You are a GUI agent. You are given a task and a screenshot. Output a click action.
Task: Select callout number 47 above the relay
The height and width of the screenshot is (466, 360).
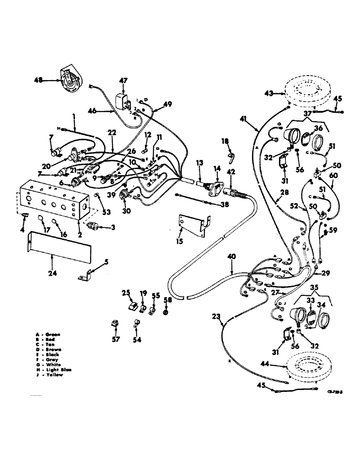tap(123, 81)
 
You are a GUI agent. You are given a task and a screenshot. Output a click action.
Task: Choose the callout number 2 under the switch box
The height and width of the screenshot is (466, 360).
tap(80, 236)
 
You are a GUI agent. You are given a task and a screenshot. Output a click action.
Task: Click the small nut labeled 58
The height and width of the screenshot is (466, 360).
tap(166, 311)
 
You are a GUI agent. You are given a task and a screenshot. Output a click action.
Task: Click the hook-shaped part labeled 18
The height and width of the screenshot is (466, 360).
tap(231, 156)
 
